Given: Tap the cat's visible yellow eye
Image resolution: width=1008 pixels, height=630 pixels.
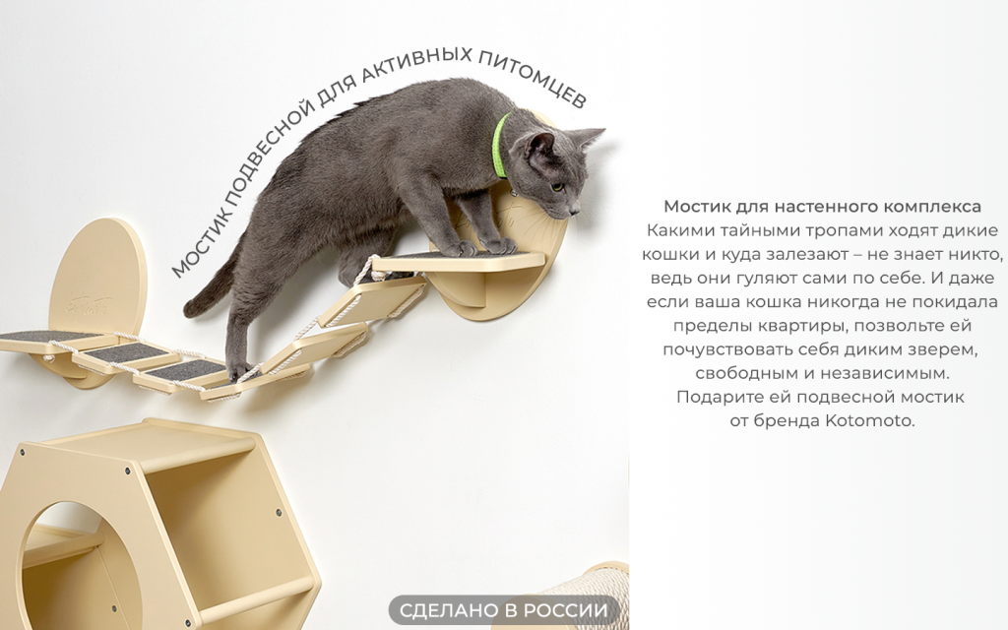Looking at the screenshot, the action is click(x=558, y=187).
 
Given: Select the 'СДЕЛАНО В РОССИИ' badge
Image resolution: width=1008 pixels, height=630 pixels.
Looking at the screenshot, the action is click(x=503, y=609).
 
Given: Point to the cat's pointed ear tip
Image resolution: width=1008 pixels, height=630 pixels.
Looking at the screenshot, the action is click(x=603, y=131).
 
